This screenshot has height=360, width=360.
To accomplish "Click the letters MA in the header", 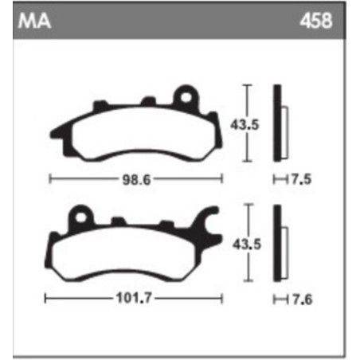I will tap(33, 22).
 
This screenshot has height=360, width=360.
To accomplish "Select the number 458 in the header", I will tap(315, 22).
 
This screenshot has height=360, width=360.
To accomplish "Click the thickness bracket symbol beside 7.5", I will tap(277, 180).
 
